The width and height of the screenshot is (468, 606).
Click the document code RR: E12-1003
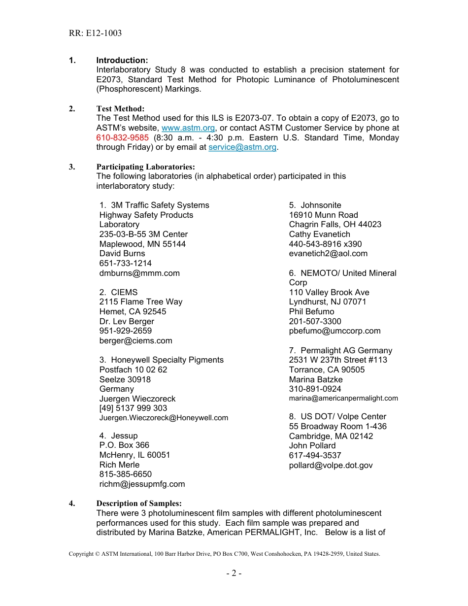pos(95,34)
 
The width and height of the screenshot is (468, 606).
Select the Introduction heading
pos(122,60)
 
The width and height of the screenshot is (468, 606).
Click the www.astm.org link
pos(188,128)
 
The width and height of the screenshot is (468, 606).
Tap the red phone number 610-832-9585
pos(122,137)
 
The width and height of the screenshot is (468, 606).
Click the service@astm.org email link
pos(242,147)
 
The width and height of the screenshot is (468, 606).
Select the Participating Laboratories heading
pos(145,167)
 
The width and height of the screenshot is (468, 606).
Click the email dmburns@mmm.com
pos(139,273)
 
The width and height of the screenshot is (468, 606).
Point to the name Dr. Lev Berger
pos(127,321)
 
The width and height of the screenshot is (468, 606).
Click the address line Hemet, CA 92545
pos(133,311)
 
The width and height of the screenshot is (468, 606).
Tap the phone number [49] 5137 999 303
pos(133,408)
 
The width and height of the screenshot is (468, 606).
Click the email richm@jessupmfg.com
pos(142,484)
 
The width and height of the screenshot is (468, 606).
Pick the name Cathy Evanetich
pos(319,234)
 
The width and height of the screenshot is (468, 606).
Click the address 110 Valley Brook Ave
pos(329,292)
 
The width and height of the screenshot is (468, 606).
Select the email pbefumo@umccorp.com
pos(334,331)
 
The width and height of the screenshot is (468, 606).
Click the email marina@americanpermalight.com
pos(343,398)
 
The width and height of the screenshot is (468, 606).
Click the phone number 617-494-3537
pos(315,455)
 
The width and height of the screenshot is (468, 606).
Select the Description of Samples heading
pos(139,503)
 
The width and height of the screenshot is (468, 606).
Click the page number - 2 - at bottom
pos(234,573)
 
